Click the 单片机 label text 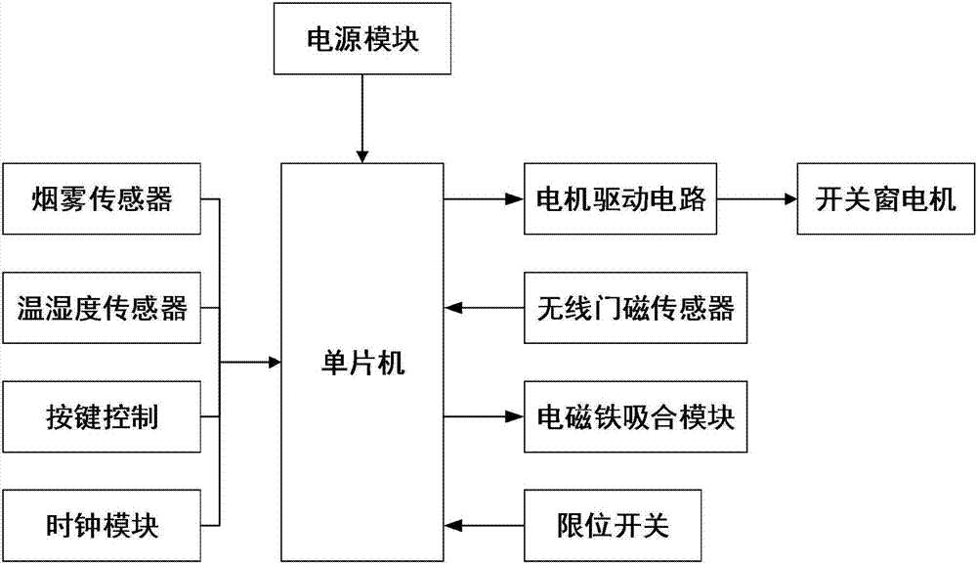[x=362, y=365]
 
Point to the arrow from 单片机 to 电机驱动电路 [x=484, y=200]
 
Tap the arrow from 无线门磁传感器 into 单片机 [x=484, y=310]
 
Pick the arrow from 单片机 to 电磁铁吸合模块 [x=484, y=418]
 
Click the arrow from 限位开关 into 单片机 [x=484, y=527]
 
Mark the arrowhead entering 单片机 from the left [x=273, y=364]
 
